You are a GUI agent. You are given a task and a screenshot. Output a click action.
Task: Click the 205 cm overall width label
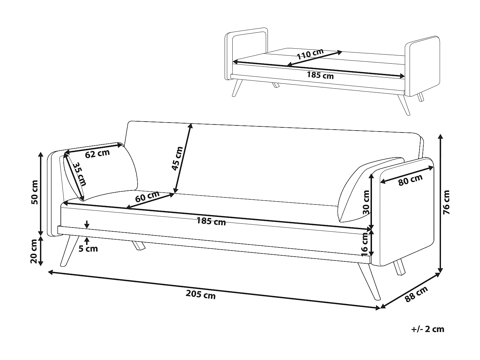click(x=201, y=294)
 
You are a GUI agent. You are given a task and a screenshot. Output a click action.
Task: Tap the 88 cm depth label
click(x=416, y=294)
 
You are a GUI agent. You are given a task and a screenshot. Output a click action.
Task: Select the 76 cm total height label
click(x=446, y=202)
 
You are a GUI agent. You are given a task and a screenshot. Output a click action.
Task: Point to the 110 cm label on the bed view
click(x=310, y=54)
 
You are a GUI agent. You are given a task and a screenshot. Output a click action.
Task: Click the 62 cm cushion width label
click(x=97, y=154)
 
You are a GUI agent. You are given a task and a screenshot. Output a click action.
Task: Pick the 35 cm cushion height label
click(x=79, y=174)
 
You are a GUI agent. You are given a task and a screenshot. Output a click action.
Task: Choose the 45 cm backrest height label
click(x=177, y=158)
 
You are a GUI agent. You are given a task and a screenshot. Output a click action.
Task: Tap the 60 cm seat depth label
click(x=147, y=196)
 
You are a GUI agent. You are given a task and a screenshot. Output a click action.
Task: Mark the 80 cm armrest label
click(x=411, y=180)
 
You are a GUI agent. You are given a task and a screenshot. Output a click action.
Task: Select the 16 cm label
click(x=365, y=244)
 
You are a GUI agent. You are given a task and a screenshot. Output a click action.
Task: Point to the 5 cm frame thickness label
click(x=88, y=249)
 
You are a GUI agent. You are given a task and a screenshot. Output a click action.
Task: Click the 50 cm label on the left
click(x=35, y=192)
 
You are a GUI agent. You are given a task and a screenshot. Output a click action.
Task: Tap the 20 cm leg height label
click(x=34, y=251)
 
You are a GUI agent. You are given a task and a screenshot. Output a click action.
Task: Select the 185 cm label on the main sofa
click(x=211, y=221)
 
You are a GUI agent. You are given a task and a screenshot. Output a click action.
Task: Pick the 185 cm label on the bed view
click(x=320, y=75)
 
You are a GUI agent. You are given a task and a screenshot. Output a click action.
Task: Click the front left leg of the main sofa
click(x=69, y=251)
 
